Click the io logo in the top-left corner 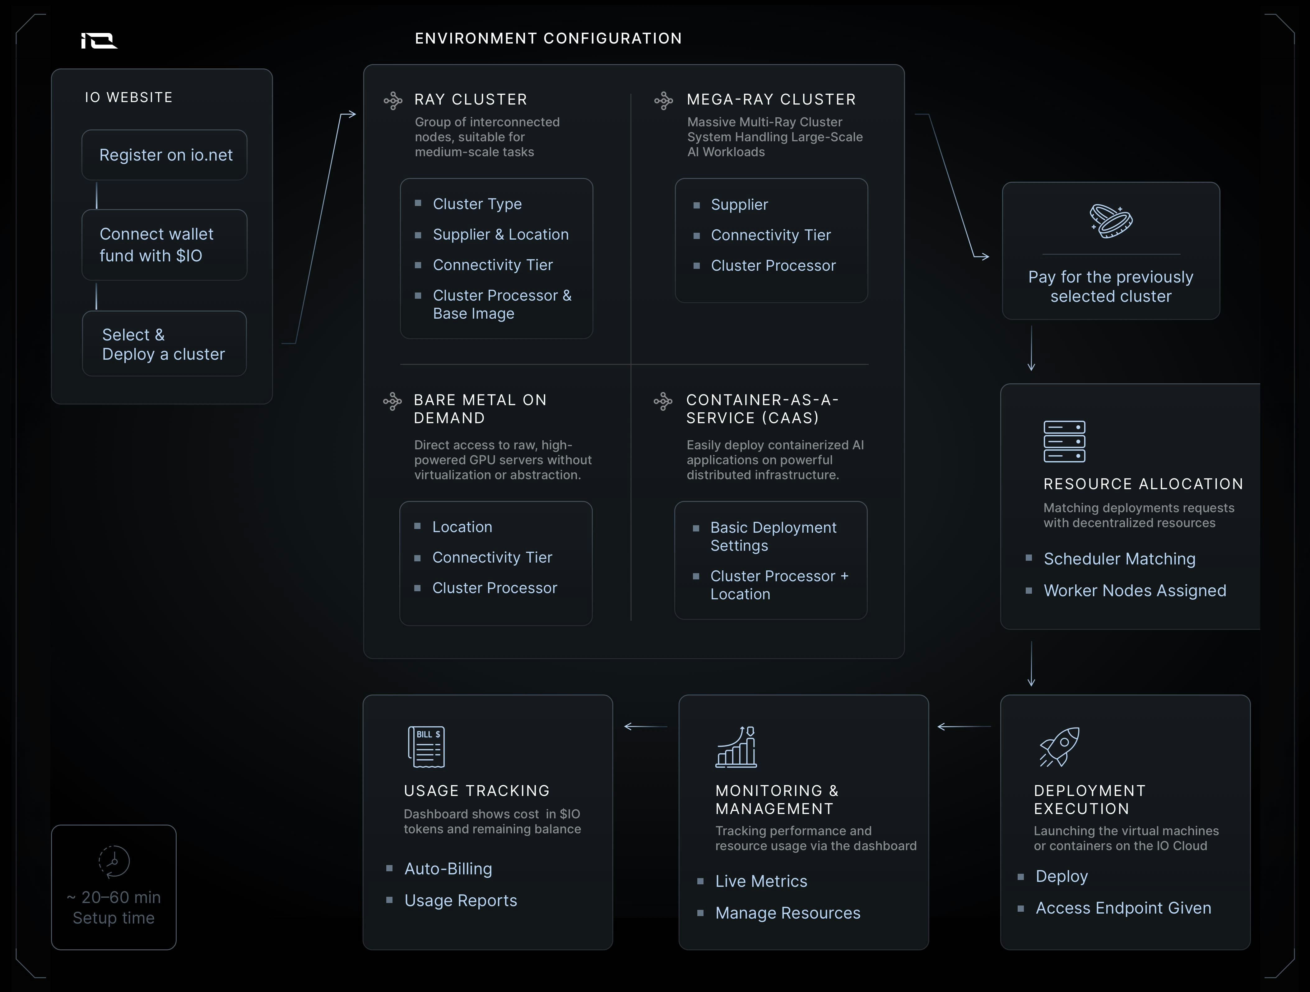99,40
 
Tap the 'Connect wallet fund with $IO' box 165,245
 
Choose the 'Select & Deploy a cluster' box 165,344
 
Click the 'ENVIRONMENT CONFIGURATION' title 548,39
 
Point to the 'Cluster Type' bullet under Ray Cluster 477,204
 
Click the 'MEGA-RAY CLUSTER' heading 771,100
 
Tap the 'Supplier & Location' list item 500,235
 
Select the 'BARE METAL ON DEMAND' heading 480,409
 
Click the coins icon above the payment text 1111,221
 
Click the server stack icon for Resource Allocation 1064,442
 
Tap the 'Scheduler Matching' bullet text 1119,559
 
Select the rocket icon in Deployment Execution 1060,747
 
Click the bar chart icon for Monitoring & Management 736,747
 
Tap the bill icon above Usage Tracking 426,747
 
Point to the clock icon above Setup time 114,861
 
